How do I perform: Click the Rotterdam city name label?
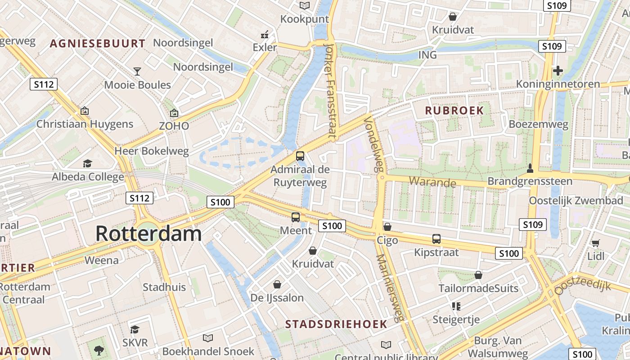[x=148, y=234]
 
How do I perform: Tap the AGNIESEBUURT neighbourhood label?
[x=98, y=44]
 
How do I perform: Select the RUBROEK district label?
[x=454, y=111]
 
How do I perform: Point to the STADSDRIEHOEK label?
[x=336, y=324]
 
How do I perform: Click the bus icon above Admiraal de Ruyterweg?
[x=300, y=156]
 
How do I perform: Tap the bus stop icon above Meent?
[x=296, y=217]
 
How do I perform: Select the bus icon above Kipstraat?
[x=436, y=239]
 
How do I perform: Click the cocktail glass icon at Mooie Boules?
[x=137, y=71]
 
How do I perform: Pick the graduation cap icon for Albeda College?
[x=87, y=163]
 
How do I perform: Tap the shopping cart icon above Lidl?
[x=595, y=243]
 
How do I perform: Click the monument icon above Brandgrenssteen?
[x=530, y=168]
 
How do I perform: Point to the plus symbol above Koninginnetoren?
[x=558, y=71]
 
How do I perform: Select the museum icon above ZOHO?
[x=174, y=113]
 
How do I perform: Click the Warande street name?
[x=432, y=182]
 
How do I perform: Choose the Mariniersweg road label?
[x=389, y=288]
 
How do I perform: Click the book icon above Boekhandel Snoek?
[x=208, y=337]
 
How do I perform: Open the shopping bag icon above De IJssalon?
[x=277, y=284]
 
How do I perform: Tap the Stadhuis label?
[x=164, y=287]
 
